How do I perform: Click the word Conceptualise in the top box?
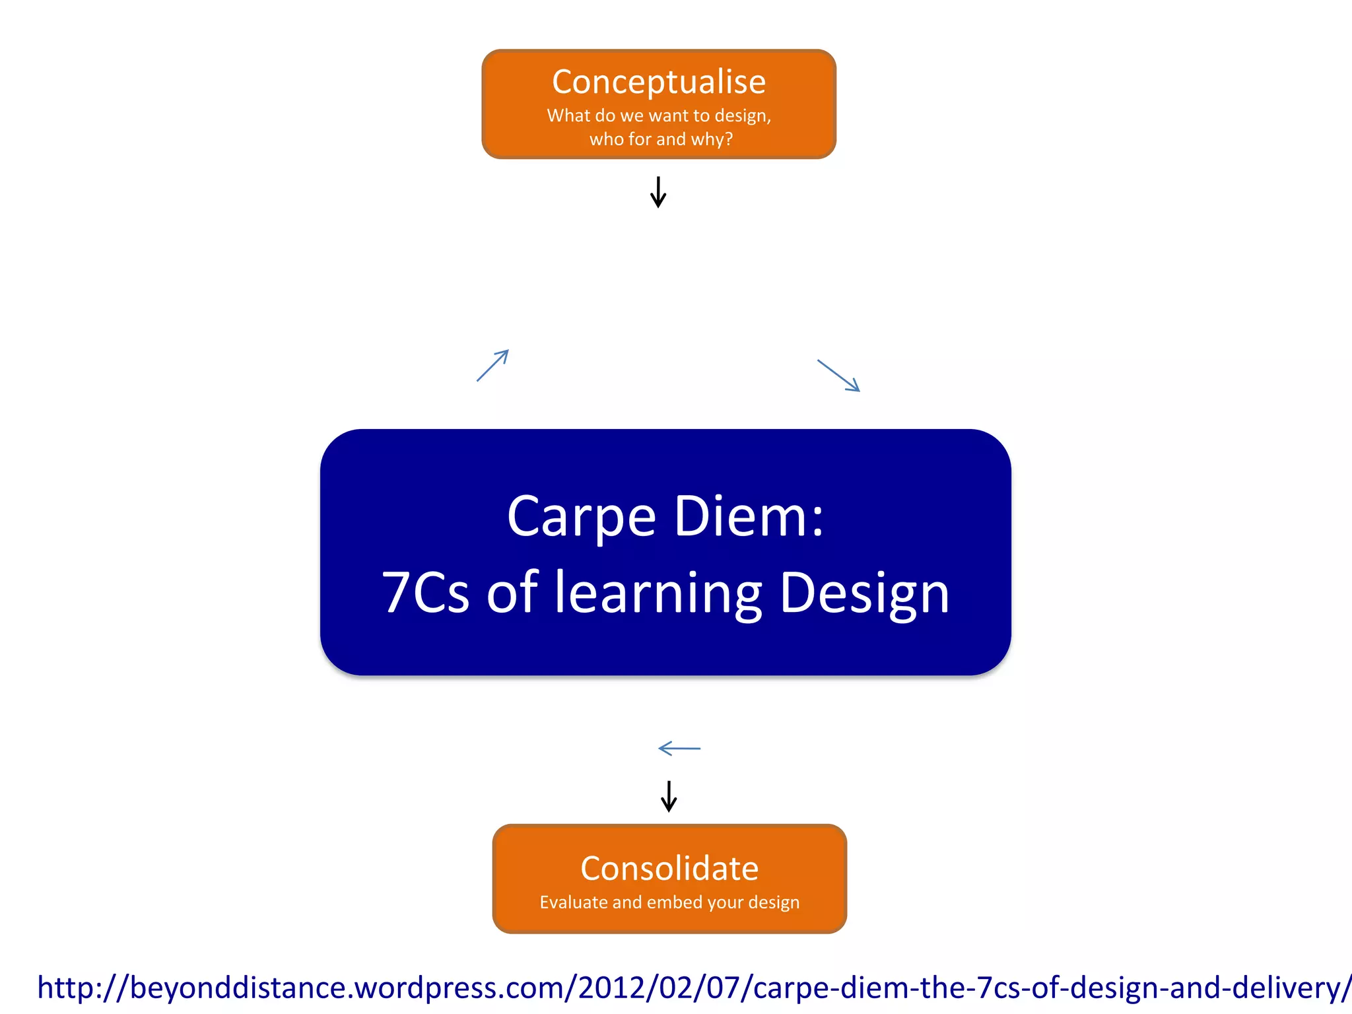pyautogui.click(x=659, y=83)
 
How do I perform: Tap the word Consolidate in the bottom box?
pyautogui.click(x=669, y=869)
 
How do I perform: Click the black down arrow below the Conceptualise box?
pyautogui.click(x=658, y=192)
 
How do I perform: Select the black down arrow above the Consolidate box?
pyautogui.click(x=669, y=796)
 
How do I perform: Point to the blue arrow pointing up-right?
pyautogui.click(x=492, y=365)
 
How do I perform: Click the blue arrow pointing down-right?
pyautogui.click(x=838, y=376)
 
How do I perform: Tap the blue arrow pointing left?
pyautogui.click(x=679, y=749)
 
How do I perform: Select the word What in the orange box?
pyautogui.click(x=568, y=116)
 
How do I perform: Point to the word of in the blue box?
pyautogui.click(x=512, y=592)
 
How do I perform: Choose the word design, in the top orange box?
pyautogui.click(x=743, y=116)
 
